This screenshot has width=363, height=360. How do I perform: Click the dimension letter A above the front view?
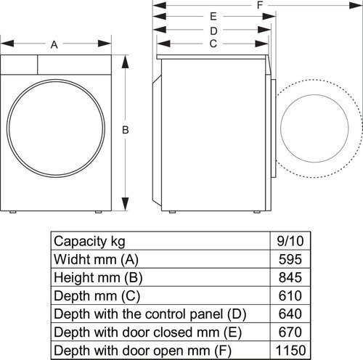(54, 45)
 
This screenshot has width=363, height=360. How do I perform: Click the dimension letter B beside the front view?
(126, 130)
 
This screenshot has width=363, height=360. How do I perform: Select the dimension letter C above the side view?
(213, 44)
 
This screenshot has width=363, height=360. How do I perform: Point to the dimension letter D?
(213, 30)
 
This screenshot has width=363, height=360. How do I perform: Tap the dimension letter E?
(213, 16)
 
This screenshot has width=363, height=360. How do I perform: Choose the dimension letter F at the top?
(259, 5)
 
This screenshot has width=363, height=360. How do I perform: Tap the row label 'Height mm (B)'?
(96, 277)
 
